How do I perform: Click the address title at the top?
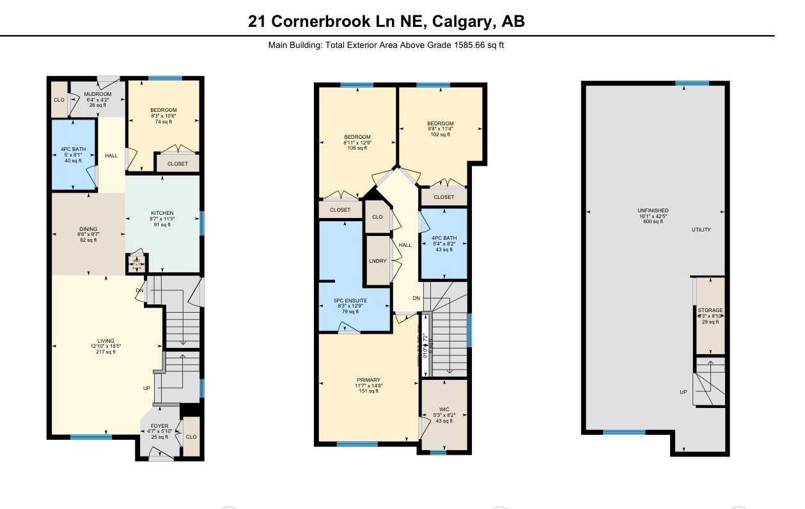click(386, 21)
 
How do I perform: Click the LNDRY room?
click(377, 261)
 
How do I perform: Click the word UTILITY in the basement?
click(701, 230)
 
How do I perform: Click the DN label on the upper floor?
click(416, 299)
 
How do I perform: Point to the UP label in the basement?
click(684, 392)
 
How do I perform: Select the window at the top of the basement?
click(692, 83)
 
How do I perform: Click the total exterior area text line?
click(386, 45)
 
